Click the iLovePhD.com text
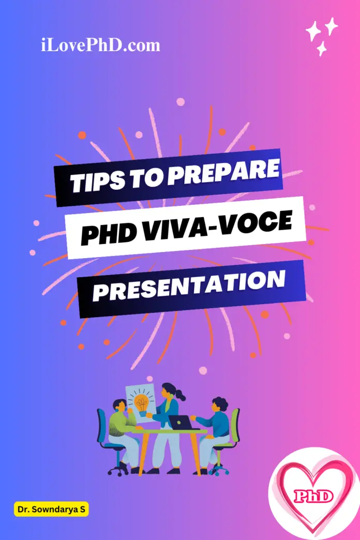(x=100, y=46)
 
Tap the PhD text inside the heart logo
(x=313, y=497)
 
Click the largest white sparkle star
(x=313, y=32)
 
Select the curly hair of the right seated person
(x=219, y=403)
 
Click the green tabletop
(x=171, y=431)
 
